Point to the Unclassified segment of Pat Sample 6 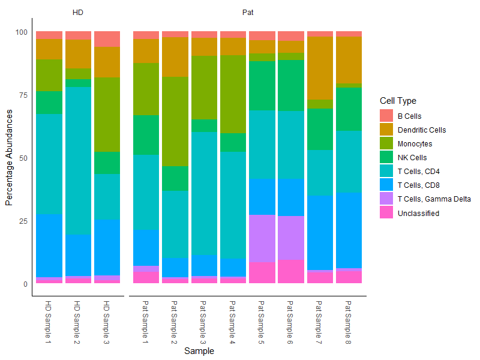click(291, 271)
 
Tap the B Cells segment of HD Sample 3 click(107, 39)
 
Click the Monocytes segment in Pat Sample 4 click(233, 94)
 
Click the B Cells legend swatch click(386, 116)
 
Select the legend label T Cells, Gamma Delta click(434, 199)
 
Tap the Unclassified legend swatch click(386, 213)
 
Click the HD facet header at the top click(78, 12)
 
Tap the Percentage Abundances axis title click(9, 158)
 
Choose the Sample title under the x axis click(199, 351)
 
